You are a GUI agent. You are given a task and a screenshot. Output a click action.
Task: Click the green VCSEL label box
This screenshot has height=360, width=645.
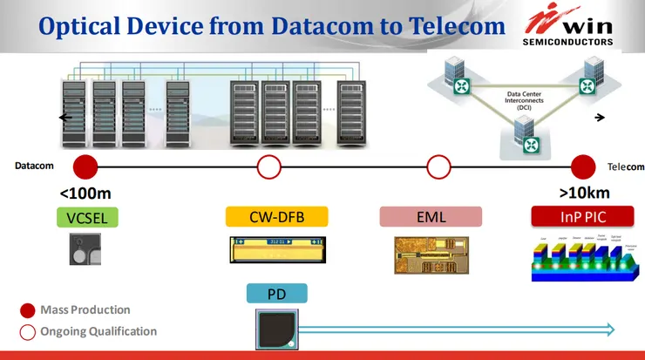[x=87, y=217]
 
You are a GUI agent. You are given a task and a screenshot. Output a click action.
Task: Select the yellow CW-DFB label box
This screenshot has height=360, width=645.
[x=275, y=217]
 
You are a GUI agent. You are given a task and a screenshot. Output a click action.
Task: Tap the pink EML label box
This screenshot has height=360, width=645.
[x=431, y=217]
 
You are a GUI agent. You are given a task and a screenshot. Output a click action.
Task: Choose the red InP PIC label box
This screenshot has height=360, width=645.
[x=582, y=217]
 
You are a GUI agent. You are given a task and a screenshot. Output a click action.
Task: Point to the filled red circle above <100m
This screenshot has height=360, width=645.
[x=85, y=166]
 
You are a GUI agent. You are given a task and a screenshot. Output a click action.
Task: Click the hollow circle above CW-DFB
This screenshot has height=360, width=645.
[x=269, y=166]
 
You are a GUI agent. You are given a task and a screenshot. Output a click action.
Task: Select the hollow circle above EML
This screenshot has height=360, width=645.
[x=438, y=166]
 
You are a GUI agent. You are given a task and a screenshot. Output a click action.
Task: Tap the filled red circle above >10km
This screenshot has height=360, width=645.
[x=582, y=166]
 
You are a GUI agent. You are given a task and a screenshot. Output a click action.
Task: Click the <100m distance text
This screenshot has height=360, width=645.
[x=85, y=194]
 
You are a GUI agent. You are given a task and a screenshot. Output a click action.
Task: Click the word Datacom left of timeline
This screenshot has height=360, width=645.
[x=35, y=166]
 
